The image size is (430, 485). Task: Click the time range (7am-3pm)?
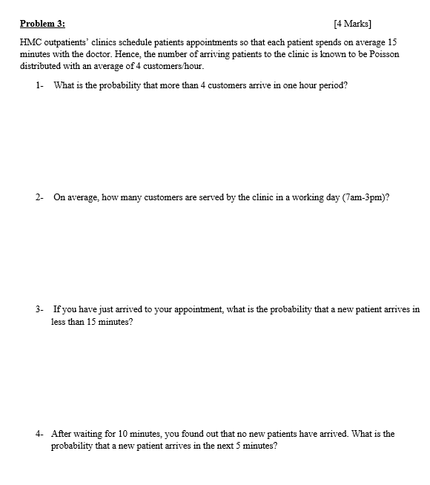coord(363,197)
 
